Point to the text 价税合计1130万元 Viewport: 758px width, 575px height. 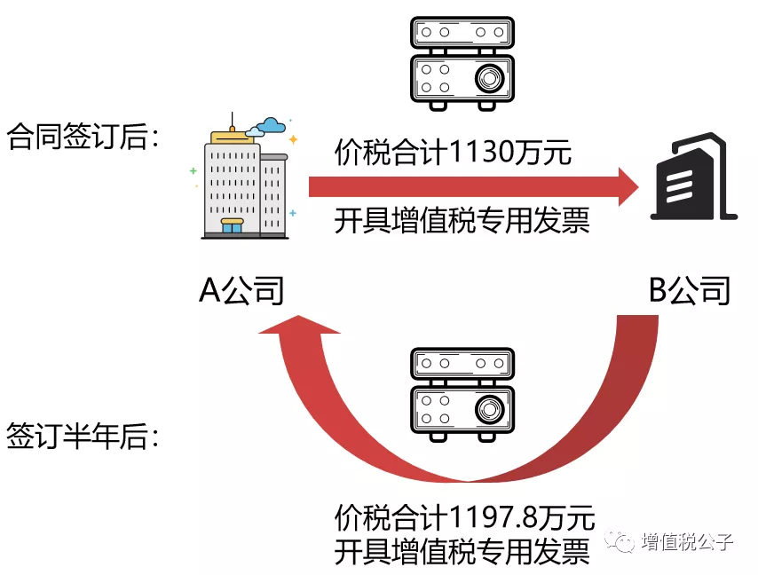[453, 153]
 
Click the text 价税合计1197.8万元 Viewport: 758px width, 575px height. [464, 516]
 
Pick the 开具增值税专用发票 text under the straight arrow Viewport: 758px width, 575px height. [462, 219]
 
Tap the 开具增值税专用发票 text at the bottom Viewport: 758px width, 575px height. [462, 550]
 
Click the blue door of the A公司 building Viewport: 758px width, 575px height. [232, 227]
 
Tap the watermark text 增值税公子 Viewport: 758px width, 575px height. [687, 542]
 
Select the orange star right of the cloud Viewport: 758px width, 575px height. [293, 139]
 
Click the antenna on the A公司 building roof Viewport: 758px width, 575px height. [233, 122]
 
